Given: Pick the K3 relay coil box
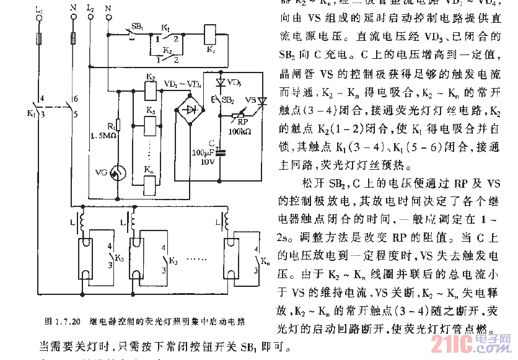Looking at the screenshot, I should (x=151, y=125).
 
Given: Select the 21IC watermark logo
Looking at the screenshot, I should (x=483, y=344).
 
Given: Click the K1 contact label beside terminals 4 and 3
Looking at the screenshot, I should (x=32, y=113).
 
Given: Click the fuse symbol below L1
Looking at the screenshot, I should (x=41, y=40).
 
